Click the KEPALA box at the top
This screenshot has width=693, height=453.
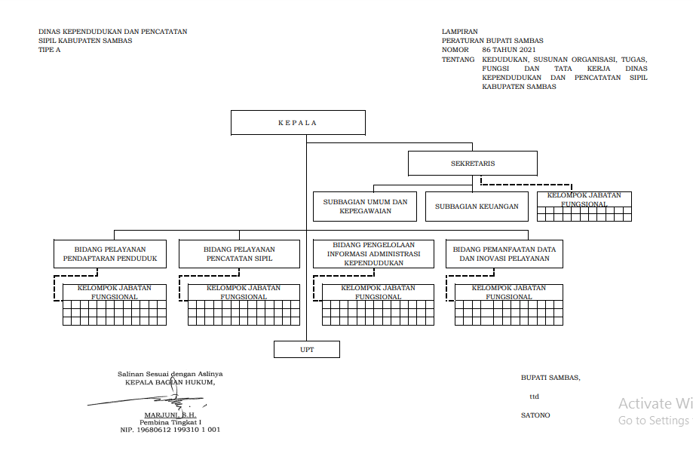pos(298,122)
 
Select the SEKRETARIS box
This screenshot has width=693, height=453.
pos(472,163)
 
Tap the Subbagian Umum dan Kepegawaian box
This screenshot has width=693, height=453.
pos(365,207)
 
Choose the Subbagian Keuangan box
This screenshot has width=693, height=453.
pos(477,207)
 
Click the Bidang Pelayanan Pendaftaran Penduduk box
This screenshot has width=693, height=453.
pos(110,254)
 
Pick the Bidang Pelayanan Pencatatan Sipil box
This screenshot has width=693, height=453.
pos(239,254)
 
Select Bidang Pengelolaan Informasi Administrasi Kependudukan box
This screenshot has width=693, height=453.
pos(374,254)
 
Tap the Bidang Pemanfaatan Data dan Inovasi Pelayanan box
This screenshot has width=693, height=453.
pos(505,254)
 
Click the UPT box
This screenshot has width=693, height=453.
pos(306,349)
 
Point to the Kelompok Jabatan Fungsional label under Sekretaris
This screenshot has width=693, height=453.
pos(584,200)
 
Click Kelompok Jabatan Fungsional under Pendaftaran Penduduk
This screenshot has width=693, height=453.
pos(115,292)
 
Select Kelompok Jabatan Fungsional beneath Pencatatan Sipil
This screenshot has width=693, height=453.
pos(244,292)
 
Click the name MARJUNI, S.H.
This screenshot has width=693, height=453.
pos(170,415)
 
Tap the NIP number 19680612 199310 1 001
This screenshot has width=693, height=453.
pos(170,430)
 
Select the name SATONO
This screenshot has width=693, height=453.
pos(535,415)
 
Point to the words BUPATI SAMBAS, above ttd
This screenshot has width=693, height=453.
pos(550,378)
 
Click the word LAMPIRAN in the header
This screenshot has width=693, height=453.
pos(460,32)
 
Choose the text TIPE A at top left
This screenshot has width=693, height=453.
pos(50,50)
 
